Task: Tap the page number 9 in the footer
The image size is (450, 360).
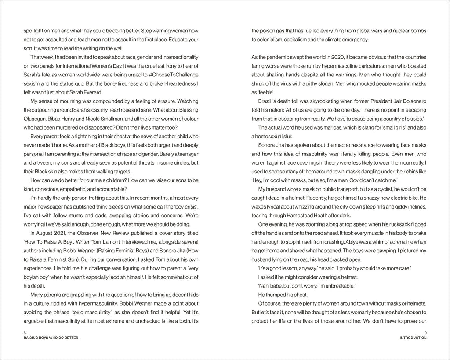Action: point(425,333)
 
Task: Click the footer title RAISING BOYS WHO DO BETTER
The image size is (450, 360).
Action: point(48,338)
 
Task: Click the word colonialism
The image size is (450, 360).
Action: point(271,40)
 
